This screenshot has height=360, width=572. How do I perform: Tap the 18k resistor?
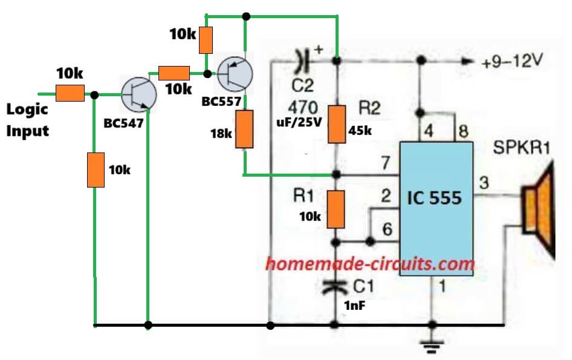pyautogui.click(x=244, y=129)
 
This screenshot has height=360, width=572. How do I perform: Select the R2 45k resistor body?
pyautogui.click(x=336, y=123)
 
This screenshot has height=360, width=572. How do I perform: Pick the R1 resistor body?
pyautogui.click(x=336, y=209)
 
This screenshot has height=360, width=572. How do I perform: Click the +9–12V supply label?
pyautogui.click(x=508, y=61)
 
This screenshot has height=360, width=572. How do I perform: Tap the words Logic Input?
pyautogui.click(x=27, y=120)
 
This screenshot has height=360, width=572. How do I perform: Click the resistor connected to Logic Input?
pyautogui.click(x=70, y=94)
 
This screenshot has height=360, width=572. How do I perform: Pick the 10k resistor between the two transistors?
pyautogui.click(x=173, y=74)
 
